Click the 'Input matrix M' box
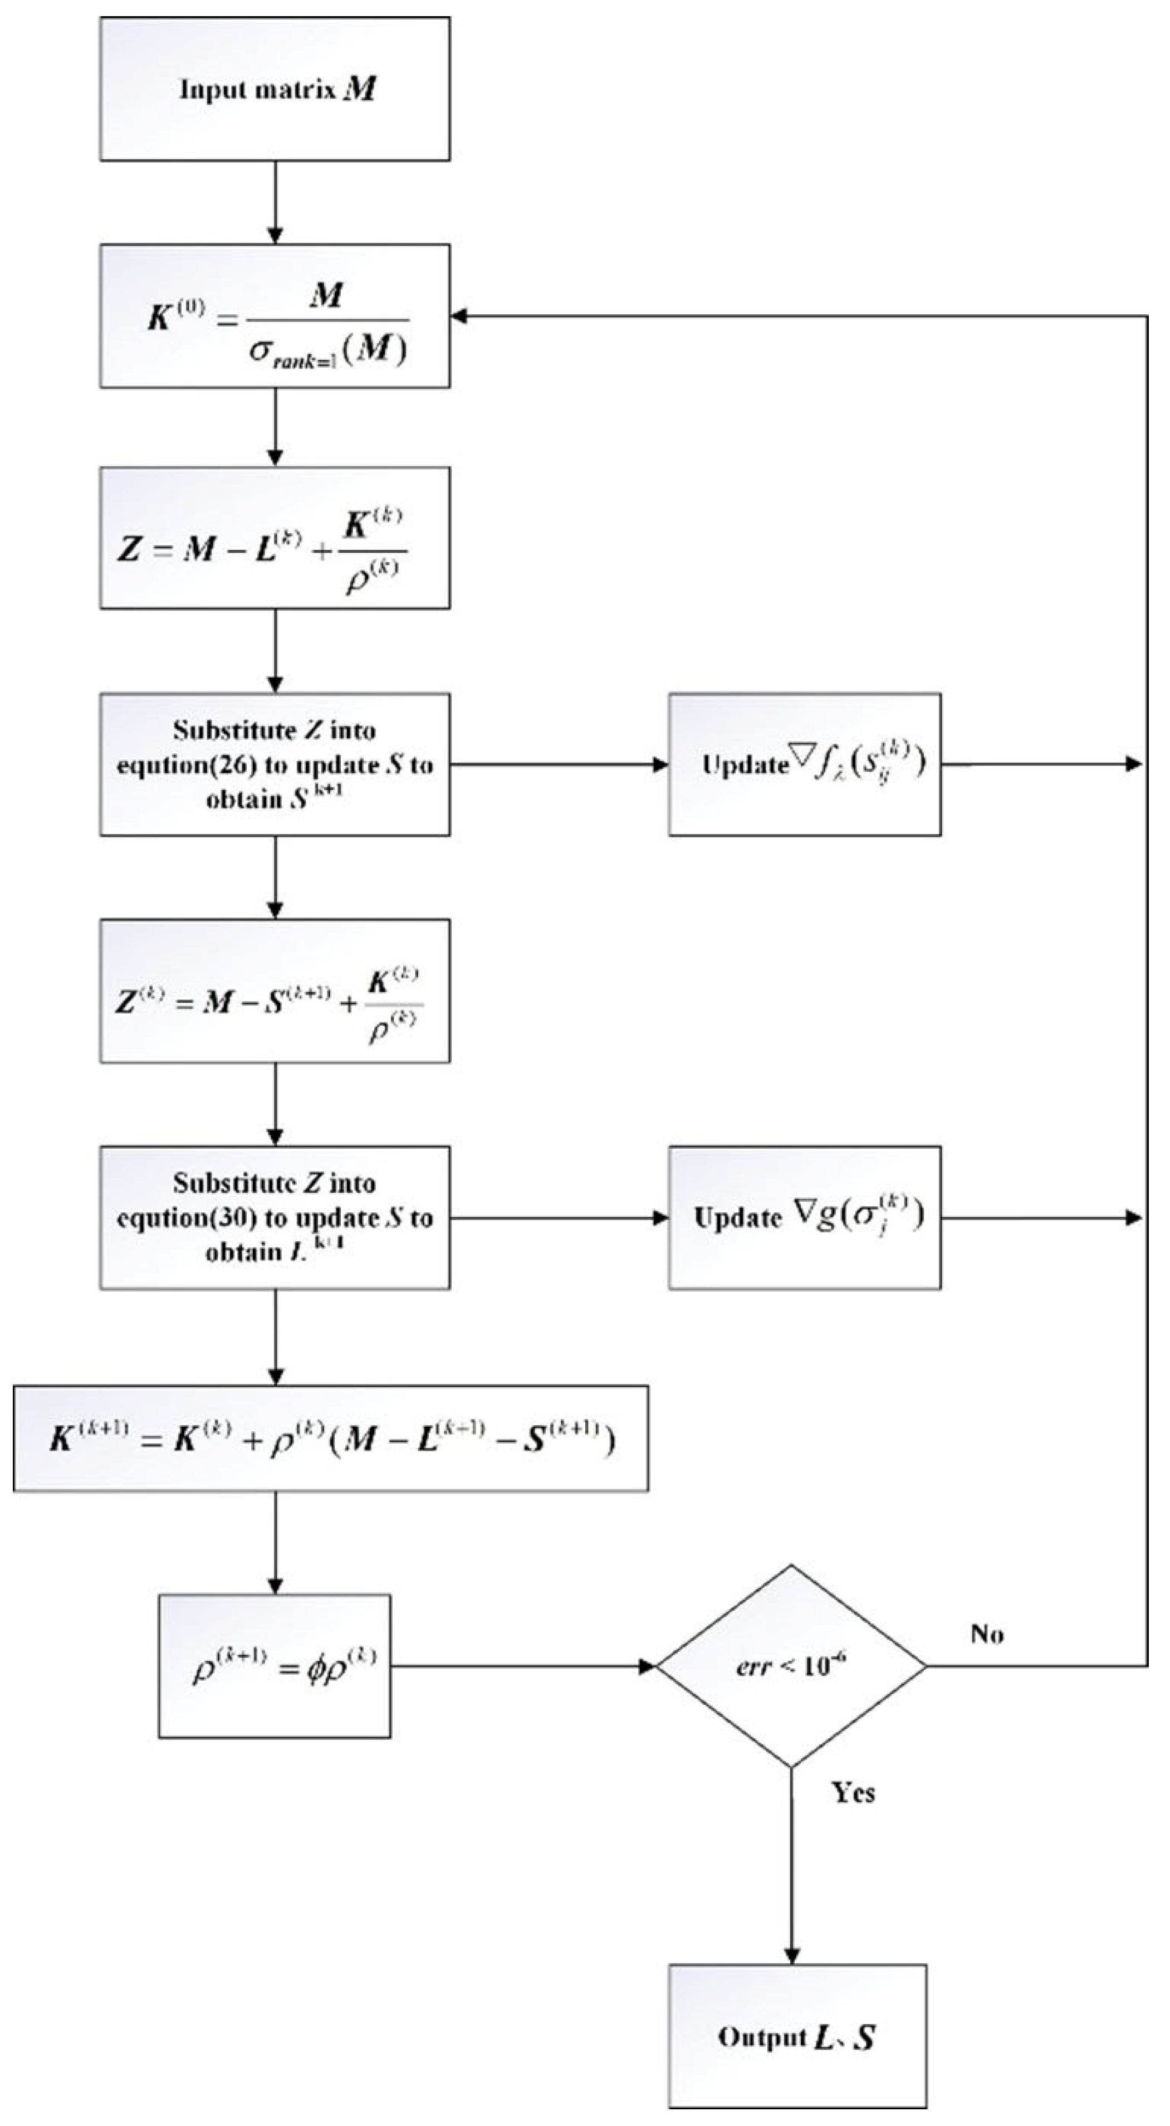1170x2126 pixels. [275, 89]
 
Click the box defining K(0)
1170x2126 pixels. [275, 316]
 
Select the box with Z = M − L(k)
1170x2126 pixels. [275, 538]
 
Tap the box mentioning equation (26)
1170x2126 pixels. [275, 764]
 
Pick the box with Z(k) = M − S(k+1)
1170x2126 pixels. [275, 991]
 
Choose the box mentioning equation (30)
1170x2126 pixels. [275, 1217]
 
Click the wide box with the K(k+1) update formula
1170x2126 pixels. [330, 1439]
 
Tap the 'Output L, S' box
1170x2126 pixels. [797, 2036]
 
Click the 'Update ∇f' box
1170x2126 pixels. [805, 764]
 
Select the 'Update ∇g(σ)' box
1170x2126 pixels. [805, 1217]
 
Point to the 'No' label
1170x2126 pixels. [987, 1634]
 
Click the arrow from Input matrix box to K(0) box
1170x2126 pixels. [275, 202]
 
